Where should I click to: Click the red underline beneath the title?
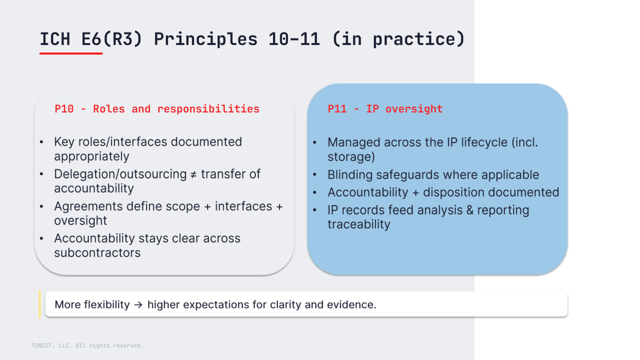coord(71,53)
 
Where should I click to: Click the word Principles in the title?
coord(205,39)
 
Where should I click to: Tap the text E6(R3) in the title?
coord(111,39)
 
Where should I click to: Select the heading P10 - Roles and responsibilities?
coord(157,109)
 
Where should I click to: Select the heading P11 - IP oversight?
coord(385,109)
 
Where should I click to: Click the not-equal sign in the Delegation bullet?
coord(193,174)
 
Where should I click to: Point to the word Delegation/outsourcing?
coord(120,174)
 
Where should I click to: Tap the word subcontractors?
coord(97,253)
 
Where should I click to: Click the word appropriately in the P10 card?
coord(91,156)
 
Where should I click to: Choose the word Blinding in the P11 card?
coord(350,175)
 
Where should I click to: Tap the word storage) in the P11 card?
coord(351,157)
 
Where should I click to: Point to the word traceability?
coord(359,224)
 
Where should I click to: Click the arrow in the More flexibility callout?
coord(138,305)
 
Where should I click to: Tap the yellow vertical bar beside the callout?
coord(39,304)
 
